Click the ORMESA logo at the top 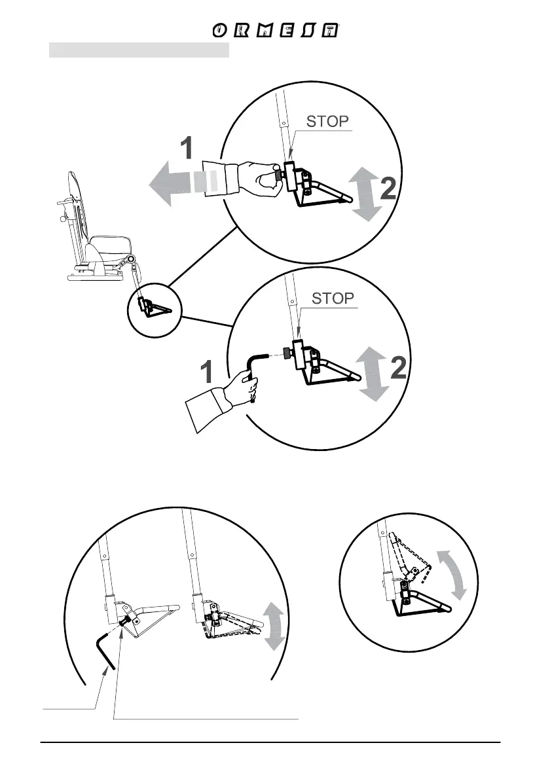[x=278, y=31]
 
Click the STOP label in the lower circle [x=333, y=299]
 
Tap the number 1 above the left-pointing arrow [x=187, y=149]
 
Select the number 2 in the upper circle [x=388, y=189]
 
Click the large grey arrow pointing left [x=177, y=182]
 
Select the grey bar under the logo [x=139, y=51]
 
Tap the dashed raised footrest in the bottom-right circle [x=412, y=556]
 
